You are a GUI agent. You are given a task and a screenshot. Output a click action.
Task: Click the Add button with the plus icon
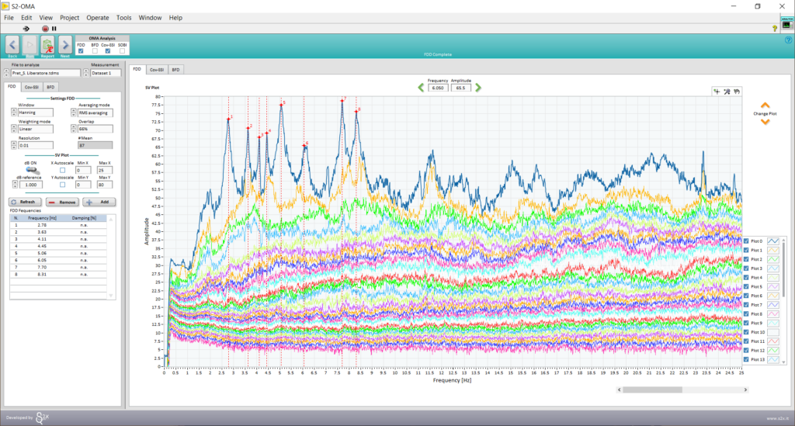(x=99, y=202)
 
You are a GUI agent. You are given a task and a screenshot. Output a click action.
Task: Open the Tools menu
(x=123, y=17)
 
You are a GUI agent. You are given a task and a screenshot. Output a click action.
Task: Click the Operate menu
(x=98, y=17)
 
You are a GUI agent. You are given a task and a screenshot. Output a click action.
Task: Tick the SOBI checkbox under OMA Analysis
(x=122, y=51)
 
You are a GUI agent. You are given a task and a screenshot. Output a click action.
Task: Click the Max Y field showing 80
(x=104, y=185)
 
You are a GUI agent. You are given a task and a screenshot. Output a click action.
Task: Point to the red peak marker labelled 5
(x=281, y=105)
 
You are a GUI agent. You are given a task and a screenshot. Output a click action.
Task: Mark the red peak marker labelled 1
(x=228, y=119)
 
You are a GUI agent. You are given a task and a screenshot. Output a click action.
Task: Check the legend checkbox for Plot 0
(x=746, y=241)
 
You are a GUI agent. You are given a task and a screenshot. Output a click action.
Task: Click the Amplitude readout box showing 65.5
(x=461, y=88)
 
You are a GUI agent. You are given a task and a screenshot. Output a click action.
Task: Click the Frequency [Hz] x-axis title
(x=453, y=381)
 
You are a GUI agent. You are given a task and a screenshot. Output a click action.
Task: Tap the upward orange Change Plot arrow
(x=765, y=105)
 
